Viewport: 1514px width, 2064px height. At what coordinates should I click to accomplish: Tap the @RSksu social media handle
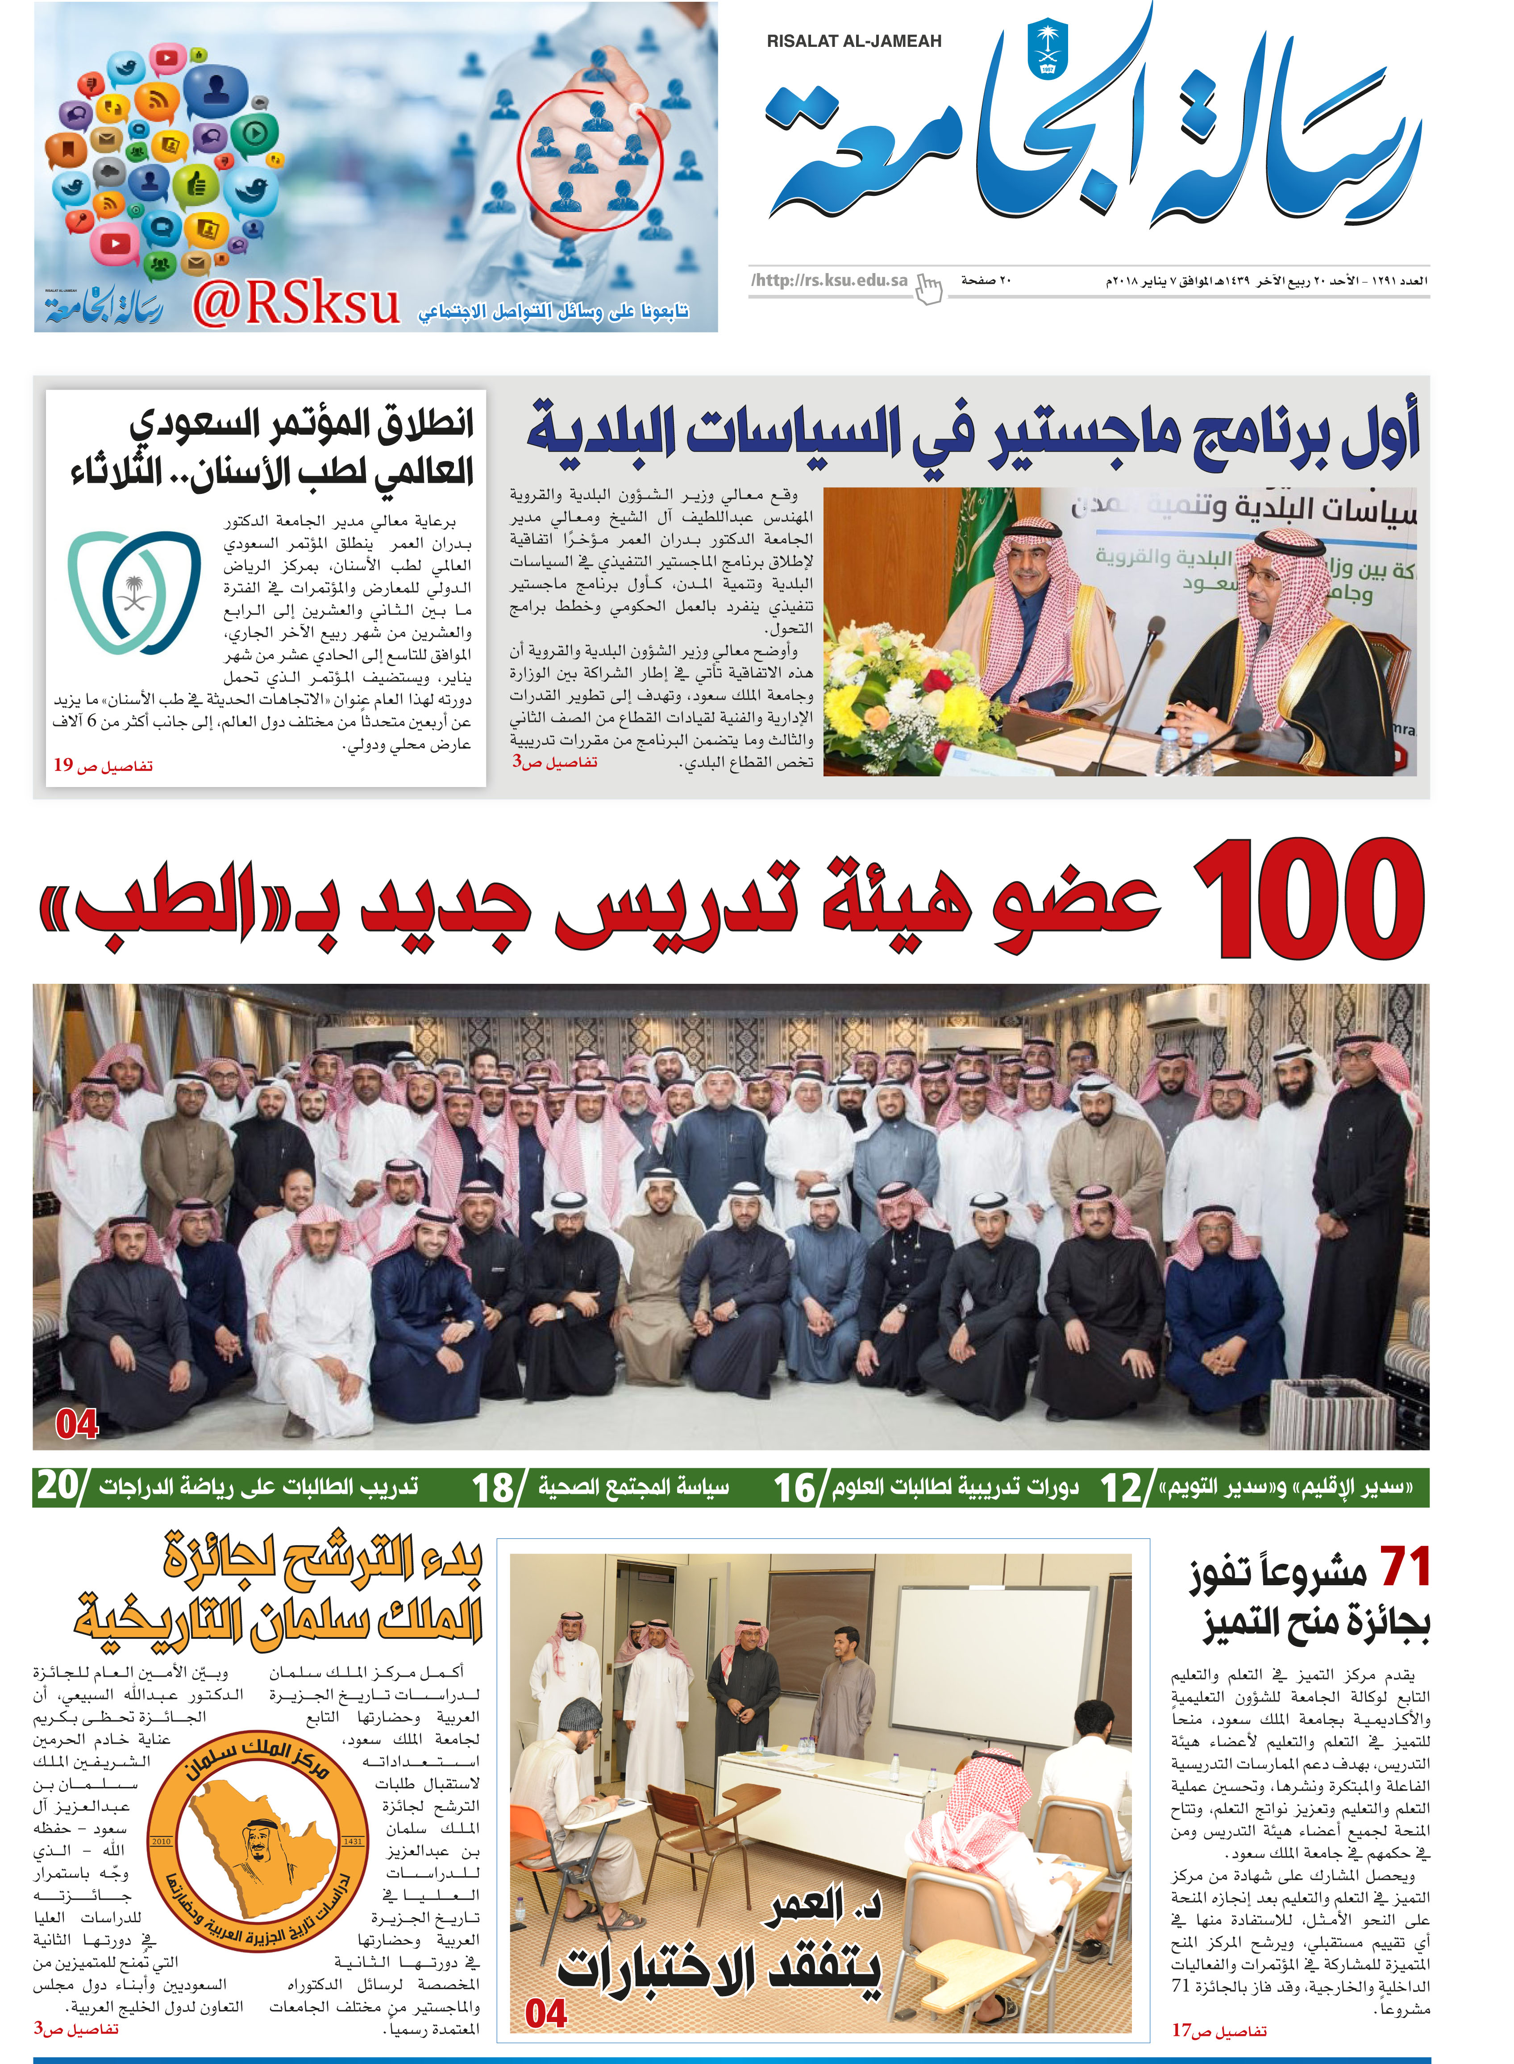pos(296,305)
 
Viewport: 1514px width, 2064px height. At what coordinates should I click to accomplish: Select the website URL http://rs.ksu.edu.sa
pos(829,280)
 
